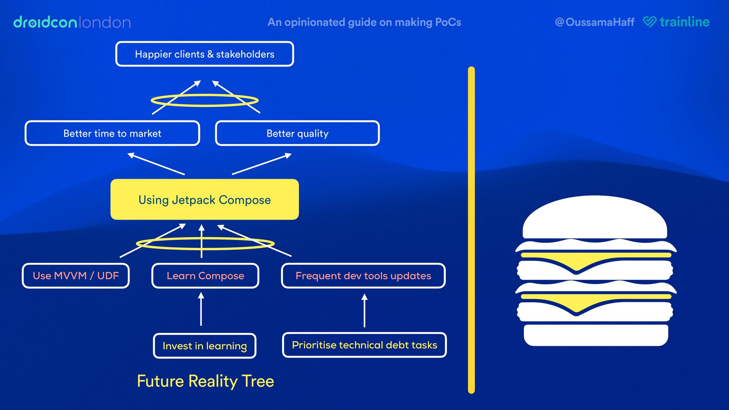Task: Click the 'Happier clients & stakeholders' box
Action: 204,54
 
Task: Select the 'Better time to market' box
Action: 112,133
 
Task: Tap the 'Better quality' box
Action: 297,133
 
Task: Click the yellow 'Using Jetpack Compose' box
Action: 204,200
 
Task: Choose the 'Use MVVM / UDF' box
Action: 76,276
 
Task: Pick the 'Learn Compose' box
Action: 205,276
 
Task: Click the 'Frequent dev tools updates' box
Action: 363,276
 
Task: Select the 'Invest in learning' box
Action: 204,346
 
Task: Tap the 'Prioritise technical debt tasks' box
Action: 364,345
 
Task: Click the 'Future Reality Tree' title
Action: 205,381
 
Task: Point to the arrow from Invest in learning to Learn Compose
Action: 201,309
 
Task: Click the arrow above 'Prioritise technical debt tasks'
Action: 364,311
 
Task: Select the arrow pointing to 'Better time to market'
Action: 156,164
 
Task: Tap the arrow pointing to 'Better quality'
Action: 262,164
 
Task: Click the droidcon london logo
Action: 72,22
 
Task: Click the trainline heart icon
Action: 649,22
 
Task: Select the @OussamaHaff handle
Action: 595,22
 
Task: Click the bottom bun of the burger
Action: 595,335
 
